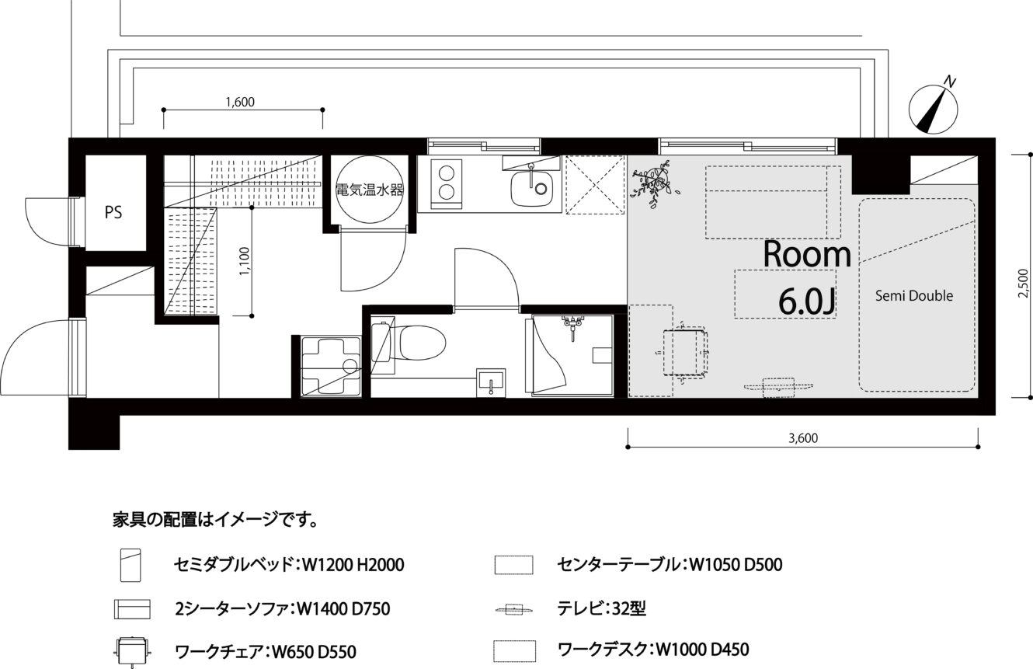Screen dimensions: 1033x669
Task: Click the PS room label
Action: pos(113,212)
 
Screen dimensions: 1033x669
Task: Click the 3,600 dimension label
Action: pos(803,438)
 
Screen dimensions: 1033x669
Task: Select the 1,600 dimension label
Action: pos(240,102)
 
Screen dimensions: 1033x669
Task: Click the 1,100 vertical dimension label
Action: pos(245,262)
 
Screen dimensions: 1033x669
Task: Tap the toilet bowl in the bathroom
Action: pos(422,343)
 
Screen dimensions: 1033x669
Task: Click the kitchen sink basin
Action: pos(531,189)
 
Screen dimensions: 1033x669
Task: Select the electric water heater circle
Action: pos(370,190)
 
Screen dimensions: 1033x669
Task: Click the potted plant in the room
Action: pos(654,183)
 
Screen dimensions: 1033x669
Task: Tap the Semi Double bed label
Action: pos(914,296)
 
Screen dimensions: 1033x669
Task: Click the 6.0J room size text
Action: pos(807,301)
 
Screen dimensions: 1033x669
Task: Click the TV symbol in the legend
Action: pos(513,609)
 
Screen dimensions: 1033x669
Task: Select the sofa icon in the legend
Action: pos(132,609)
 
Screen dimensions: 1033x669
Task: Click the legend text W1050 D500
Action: pos(736,565)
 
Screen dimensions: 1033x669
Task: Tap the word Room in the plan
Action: pos(807,254)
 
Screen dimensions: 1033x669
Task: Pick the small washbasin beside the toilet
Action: pos(491,383)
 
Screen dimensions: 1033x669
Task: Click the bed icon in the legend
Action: pos(130,565)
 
